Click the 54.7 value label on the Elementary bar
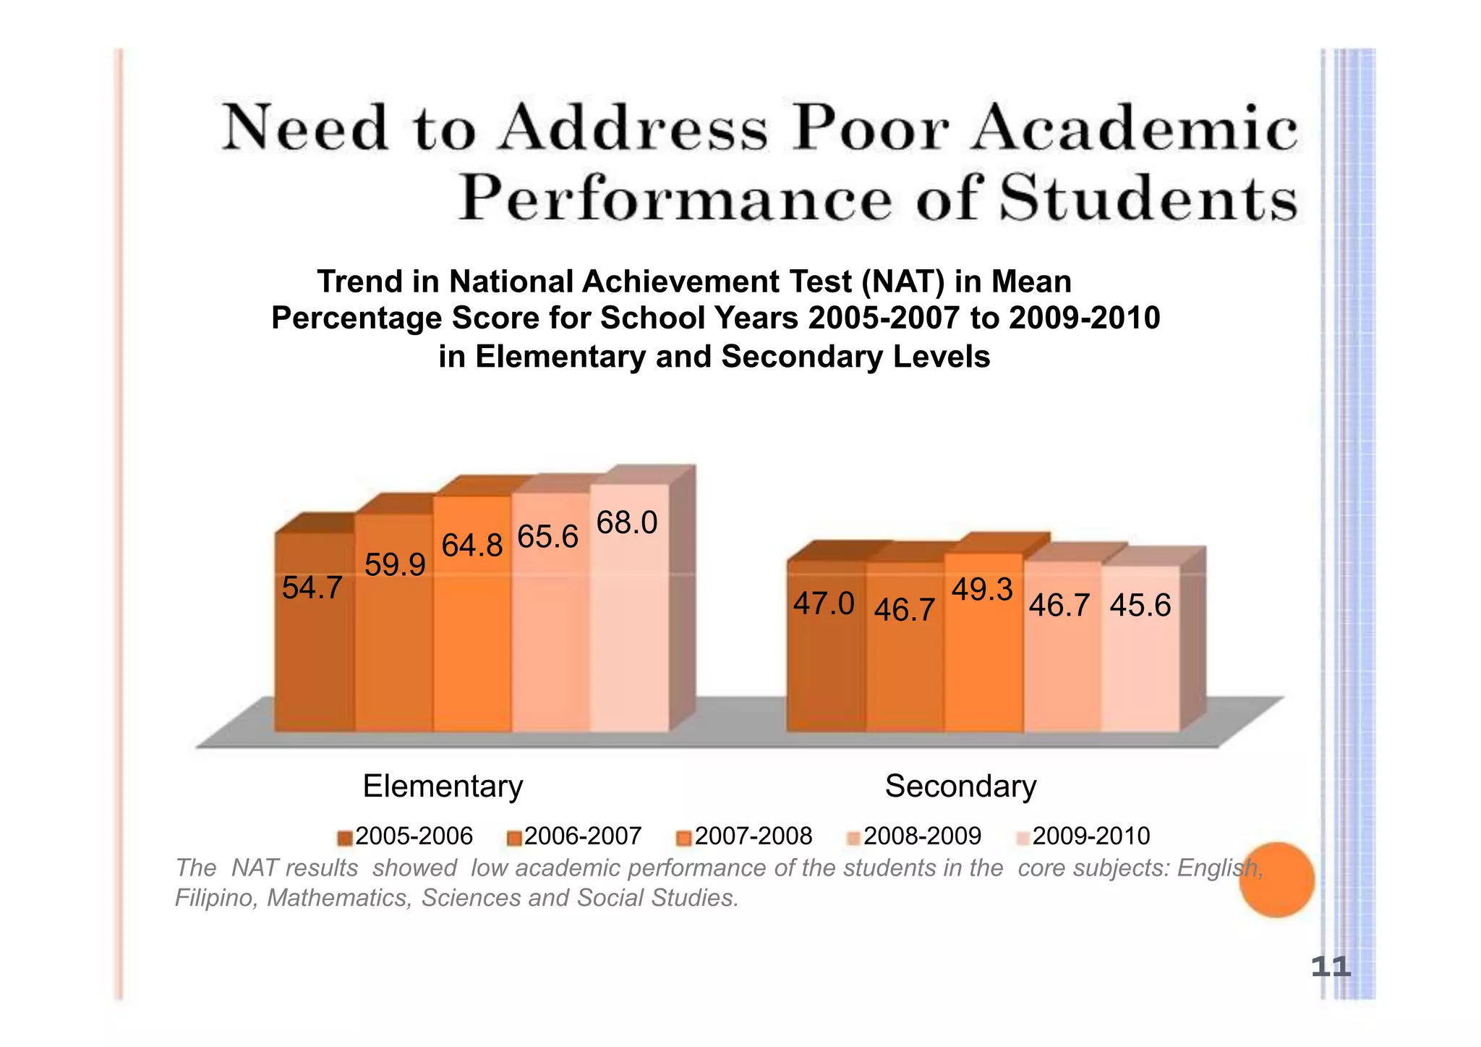[312, 588]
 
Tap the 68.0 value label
[626, 522]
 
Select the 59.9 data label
[395, 565]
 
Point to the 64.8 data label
[472, 546]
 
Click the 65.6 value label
[548, 537]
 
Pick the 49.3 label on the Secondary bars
[981, 590]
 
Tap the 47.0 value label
[824, 603]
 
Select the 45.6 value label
[1140, 605]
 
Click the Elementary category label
[443, 786]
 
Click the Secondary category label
[960, 786]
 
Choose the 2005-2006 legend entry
[406, 836]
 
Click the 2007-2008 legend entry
[746, 836]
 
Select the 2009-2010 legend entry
[1083, 836]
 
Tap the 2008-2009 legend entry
[915, 836]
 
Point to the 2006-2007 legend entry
[575, 836]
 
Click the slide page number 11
[1331, 967]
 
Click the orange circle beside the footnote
[1276, 880]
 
